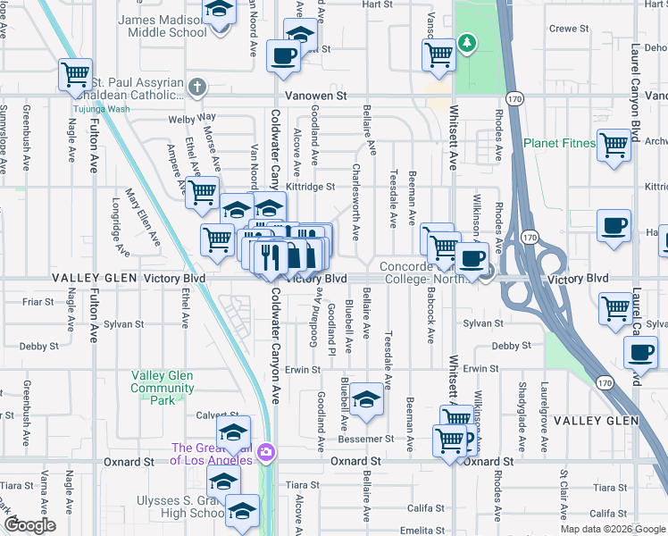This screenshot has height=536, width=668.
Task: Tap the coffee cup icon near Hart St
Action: point(285,55)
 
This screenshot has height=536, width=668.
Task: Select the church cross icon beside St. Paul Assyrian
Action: point(198,88)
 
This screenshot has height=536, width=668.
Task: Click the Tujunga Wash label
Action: point(101,109)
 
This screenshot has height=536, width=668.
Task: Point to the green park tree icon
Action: point(465,42)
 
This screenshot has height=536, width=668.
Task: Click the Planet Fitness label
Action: point(559,143)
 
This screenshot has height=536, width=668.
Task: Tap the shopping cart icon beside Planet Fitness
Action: point(614,146)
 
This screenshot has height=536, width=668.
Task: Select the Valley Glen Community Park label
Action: point(163,389)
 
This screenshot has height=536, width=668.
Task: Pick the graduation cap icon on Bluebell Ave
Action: point(366,399)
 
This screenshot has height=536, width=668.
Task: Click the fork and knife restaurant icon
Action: point(271,256)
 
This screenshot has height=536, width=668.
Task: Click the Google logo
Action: point(29,525)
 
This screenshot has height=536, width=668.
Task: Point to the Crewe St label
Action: point(569,29)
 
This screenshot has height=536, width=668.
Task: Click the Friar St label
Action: point(38,302)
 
